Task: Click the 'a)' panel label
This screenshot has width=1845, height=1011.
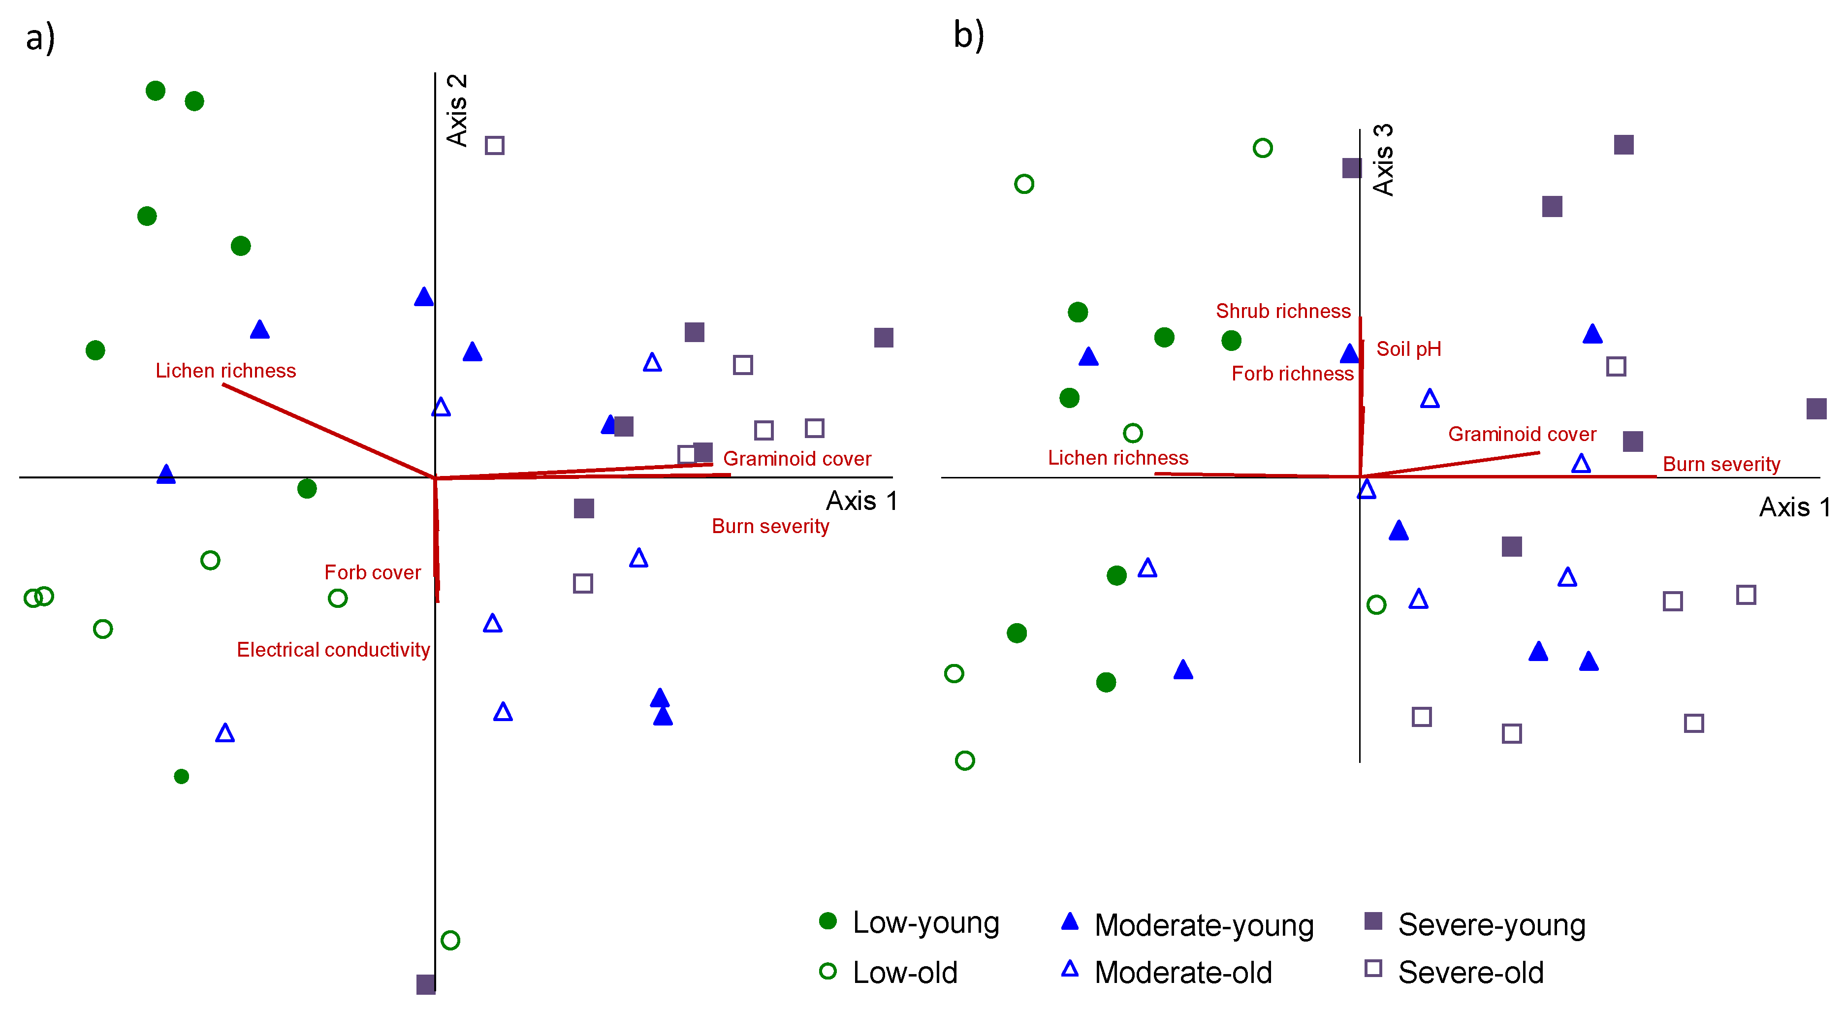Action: (x=40, y=37)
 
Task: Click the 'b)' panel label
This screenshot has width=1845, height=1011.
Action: (x=968, y=34)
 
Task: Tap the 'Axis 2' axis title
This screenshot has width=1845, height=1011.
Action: (x=457, y=110)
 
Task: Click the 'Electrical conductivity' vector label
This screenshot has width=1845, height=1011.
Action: (x=333, y=649)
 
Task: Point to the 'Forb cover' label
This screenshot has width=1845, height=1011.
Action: (x=373, y=572)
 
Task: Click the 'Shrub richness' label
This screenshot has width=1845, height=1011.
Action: (x=1283, y=311)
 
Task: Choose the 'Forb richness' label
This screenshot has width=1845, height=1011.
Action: (x=1292, y=373)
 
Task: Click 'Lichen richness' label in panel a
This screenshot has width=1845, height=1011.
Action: (x=225, y=370)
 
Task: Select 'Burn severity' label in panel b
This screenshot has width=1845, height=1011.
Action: (x=1721, y=464)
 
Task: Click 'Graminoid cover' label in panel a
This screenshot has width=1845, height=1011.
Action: (x=797, y=458)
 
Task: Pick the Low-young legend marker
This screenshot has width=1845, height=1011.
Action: (x=828, y=921)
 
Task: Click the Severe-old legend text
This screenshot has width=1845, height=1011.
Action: (x=1470, y=972)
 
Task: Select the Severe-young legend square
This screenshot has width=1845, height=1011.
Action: (x=1373, y=921)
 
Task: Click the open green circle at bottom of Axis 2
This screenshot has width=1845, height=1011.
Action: (x=450, y=940)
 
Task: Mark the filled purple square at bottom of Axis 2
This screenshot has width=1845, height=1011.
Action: (x=425, y=984)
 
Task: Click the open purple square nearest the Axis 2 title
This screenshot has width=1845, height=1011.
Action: (x=494, y=145)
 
